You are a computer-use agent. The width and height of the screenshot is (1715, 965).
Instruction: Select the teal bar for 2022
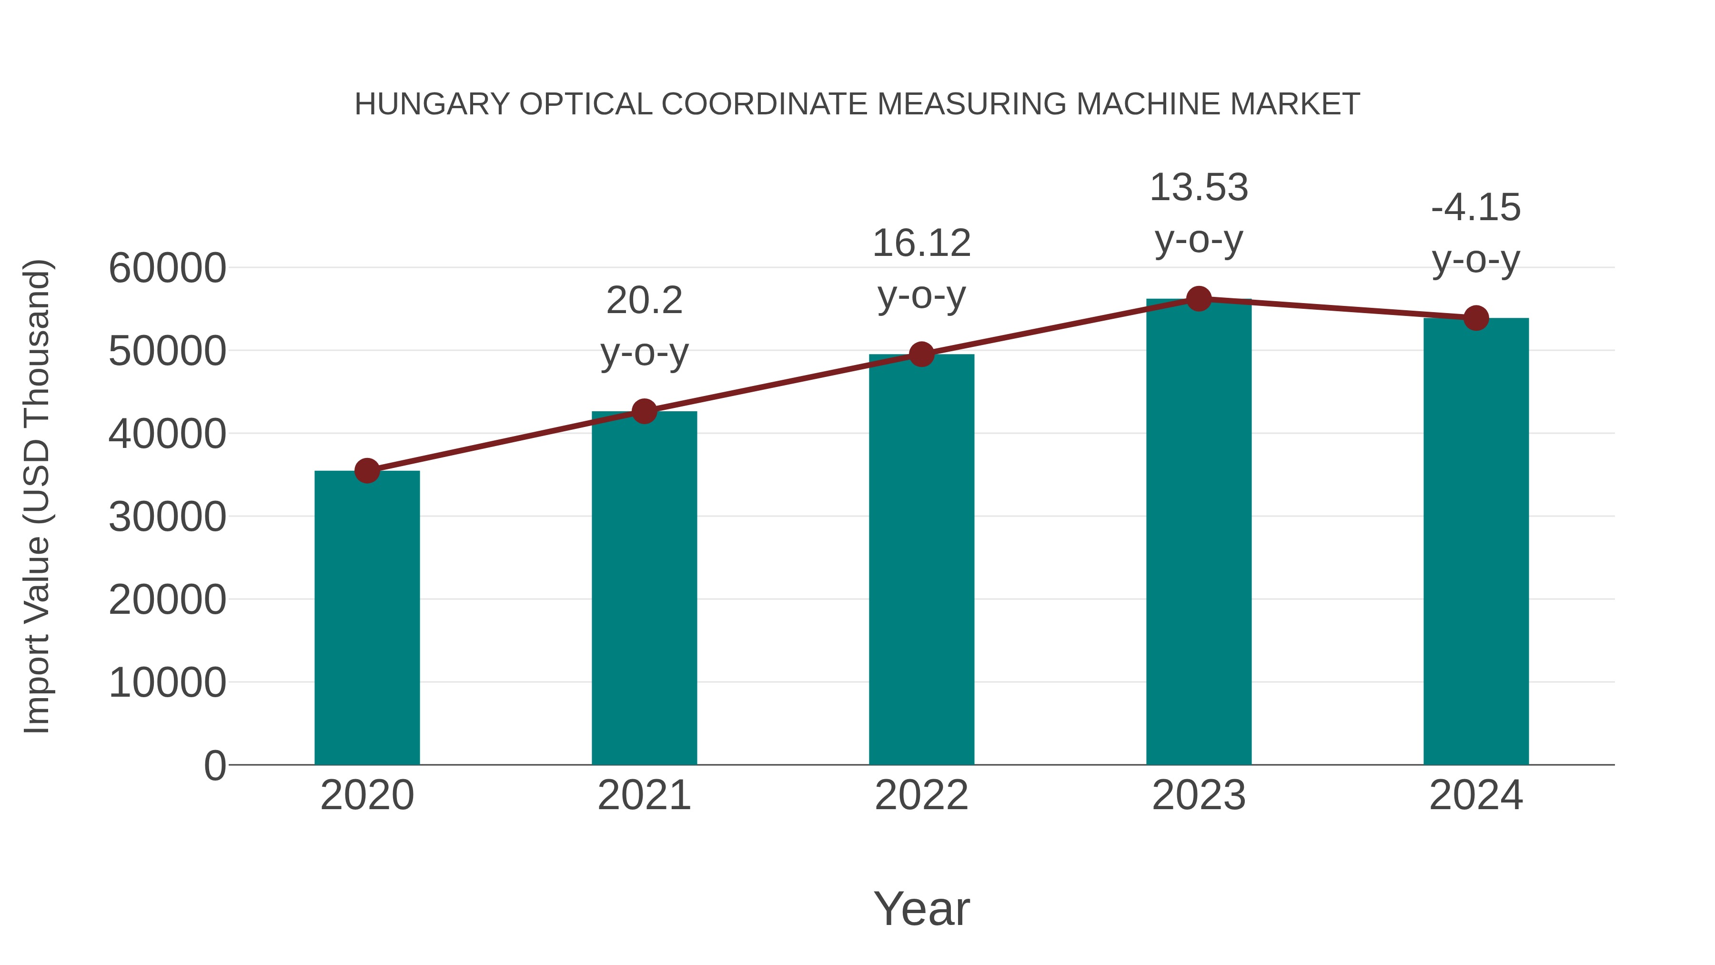click(921, 559)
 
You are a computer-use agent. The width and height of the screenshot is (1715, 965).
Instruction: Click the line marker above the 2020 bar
click(367, 471)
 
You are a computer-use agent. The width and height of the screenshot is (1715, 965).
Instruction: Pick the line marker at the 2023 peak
click(1199, 299)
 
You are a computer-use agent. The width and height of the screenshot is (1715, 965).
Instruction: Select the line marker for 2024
click(1476, 318)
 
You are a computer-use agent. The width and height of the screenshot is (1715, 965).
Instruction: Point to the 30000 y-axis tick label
click(167, 517)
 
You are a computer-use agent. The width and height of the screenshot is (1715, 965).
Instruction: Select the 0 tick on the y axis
click(214, 765)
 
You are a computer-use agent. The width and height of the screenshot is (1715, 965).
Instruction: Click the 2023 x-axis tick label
click(1199, 795)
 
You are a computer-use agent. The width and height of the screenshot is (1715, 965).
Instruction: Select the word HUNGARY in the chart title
click(432, 104)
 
